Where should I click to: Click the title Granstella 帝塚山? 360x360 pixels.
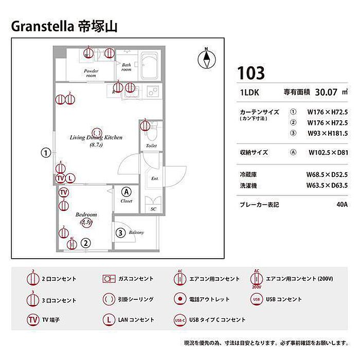pos(64,26)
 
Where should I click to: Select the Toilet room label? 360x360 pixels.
pos(151,146)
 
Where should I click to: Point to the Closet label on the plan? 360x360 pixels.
pos(127,201)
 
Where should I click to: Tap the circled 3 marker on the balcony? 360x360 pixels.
pos(120,232)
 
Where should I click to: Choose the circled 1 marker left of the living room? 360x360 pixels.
pos(46,153)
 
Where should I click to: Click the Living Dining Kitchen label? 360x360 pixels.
pos(96,138)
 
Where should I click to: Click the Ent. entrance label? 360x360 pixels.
pos(154,179)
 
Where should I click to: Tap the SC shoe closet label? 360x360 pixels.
pos(153,209)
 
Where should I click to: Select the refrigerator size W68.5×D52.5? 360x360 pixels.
pos(327,175)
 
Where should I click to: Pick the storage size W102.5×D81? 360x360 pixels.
pos(328,152)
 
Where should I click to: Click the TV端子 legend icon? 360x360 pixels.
pos(32,319)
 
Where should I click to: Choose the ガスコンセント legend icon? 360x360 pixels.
pos(108,279)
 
